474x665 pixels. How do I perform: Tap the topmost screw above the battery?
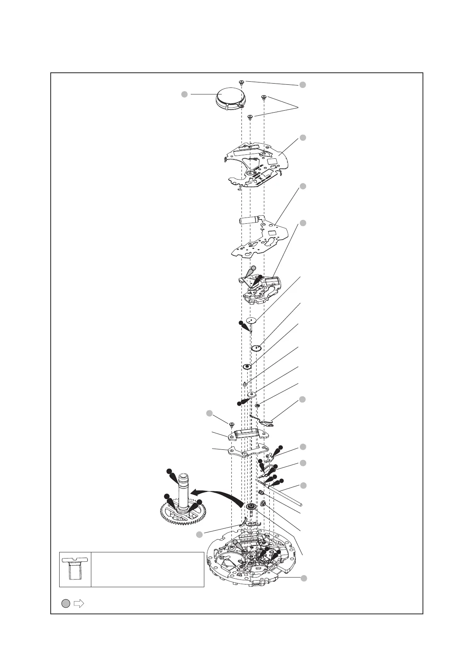(241, 82)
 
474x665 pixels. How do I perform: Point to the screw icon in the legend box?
(75, 569)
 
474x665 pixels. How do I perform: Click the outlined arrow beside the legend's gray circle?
(79, 603)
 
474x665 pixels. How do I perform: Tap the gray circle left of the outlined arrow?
(66, 603)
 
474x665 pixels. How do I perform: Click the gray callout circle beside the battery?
(185, 94)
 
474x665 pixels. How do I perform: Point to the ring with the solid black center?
(247, 366)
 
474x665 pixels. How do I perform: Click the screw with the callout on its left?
(231, 425)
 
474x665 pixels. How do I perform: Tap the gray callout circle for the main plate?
(304, 578)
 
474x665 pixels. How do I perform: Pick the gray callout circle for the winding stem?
(304, 485)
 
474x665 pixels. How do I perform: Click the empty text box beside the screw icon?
(147, 569)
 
